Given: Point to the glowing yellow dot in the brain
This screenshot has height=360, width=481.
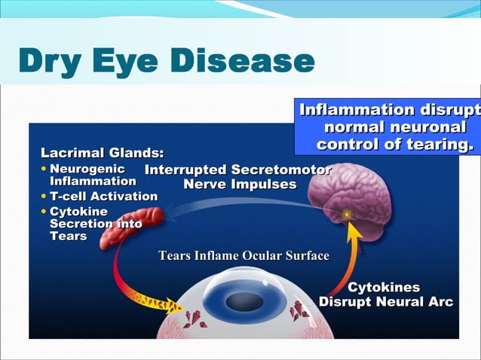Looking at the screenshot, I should point(347,215).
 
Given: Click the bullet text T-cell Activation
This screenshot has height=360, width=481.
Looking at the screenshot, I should point(103,197).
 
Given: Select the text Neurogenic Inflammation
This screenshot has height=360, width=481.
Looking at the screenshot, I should point(93,175).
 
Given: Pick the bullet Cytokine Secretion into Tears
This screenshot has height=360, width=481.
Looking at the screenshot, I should point(94,224).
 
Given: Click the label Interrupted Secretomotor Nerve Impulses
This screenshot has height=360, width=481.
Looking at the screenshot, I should point(237,177).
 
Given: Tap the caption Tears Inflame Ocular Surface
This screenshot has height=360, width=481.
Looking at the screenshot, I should point(244,256).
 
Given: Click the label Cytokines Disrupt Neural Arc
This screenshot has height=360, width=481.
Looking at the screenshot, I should point(385,295).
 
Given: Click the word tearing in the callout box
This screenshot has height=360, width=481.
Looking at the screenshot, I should point(442,144).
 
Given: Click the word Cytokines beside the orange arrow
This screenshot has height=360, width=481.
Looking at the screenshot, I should point(384,288).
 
